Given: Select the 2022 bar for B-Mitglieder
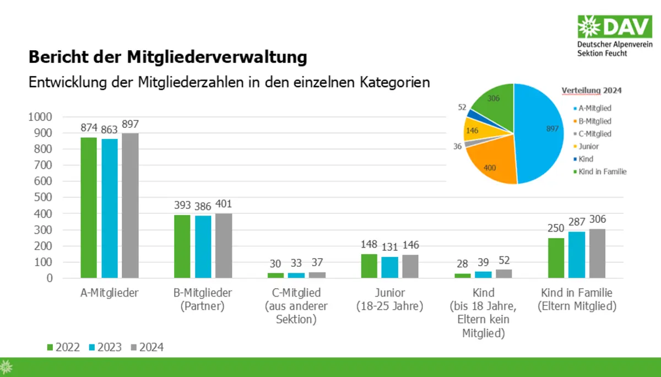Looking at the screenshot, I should (182, 246).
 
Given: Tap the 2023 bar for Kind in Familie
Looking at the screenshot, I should (576, 255).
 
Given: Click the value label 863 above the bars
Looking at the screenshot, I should (110, 130).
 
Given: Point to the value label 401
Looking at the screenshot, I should (224, 204).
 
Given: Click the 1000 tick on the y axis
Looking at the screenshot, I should (40, 117).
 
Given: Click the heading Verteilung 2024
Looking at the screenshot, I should (595, 90).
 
